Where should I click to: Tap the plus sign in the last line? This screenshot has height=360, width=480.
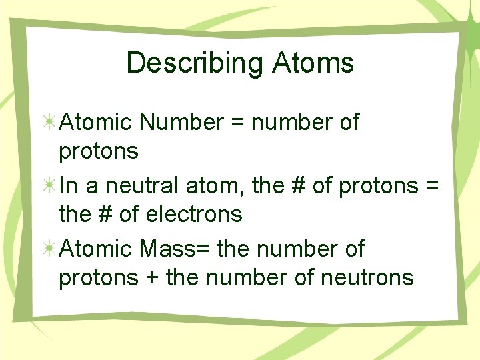152,277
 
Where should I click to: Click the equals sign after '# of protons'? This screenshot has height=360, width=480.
431,186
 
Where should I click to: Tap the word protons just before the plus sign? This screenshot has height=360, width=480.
99,277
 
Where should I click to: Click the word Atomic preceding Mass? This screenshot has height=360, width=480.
97,249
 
